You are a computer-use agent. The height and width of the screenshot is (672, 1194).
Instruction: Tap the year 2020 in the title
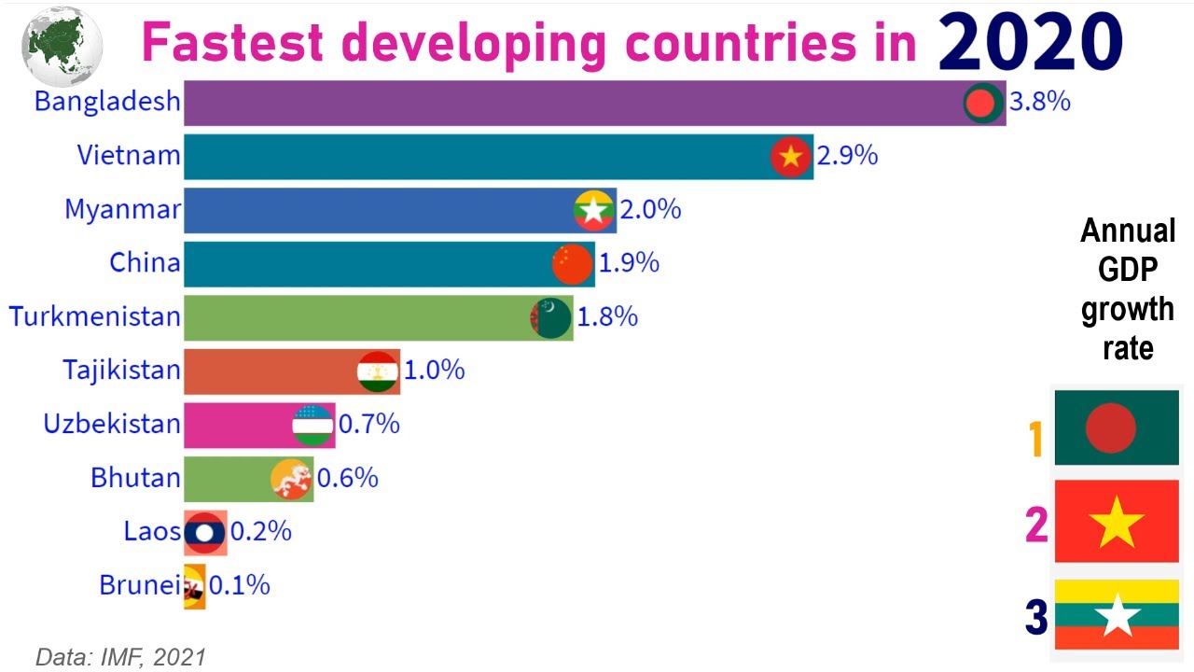[x=1030, y=42]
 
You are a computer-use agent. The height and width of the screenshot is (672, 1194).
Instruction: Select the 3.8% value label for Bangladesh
[x=1040, y=102]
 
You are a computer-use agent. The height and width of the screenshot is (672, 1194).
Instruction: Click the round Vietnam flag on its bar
[x=790, y=157]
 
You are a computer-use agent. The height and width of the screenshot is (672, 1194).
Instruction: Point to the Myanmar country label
[x=122, y=210]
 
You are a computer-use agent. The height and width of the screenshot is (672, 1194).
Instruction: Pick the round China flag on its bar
[x=572, y=264]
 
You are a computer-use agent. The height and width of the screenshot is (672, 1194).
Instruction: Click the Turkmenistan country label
[x=95, y=316]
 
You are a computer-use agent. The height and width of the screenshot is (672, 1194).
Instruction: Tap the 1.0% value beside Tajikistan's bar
[x=435, y=371]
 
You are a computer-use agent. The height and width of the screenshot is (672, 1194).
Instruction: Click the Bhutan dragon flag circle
[x=291, y=479]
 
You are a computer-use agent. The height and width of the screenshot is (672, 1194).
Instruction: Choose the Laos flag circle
[x=204, y=532]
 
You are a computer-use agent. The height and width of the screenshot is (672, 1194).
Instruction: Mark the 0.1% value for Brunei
[x=240, y=586]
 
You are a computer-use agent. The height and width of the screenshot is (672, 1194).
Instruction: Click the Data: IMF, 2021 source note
[x=120, y=657]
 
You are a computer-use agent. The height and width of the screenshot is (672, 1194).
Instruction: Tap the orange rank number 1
[x=1035, y=440]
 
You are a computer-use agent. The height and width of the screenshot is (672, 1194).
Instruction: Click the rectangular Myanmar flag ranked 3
[x=1117, y=614]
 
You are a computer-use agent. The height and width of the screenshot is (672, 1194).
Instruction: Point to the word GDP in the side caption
[x=1128, y=271]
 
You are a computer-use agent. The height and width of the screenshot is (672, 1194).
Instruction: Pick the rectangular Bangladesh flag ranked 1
[x=1117, y=428]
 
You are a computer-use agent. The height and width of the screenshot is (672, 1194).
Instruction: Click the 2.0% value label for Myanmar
[x=650, y=210]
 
